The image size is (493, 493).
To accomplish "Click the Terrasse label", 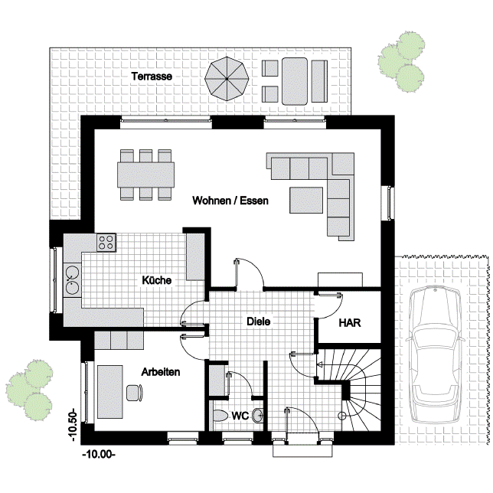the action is [x=152, y=77].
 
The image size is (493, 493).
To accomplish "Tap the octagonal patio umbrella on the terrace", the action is [x=227, y=79].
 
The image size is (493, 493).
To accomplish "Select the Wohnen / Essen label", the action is [x=230, y=201].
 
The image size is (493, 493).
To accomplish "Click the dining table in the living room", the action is [x=146, y=175].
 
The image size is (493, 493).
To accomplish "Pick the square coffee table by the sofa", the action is [x=306, y=200].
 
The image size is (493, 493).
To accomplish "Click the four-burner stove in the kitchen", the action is [x=106, y=243].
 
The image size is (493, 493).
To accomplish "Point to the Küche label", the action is [x=157, y=280].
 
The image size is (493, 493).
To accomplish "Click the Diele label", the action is [x=259, y=322].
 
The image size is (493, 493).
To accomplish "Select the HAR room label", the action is [x=350, y=323].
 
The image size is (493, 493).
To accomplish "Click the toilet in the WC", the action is [x=220, y=416].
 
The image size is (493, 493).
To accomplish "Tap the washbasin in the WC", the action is [x=259, y=416].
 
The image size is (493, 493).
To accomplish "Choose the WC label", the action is [x=240, y=416].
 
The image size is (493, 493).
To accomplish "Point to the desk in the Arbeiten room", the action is [x=109, y=392].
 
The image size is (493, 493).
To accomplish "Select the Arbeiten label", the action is [x=160, y=372].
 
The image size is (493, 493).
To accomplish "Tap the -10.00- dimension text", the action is [x=99, y=455].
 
